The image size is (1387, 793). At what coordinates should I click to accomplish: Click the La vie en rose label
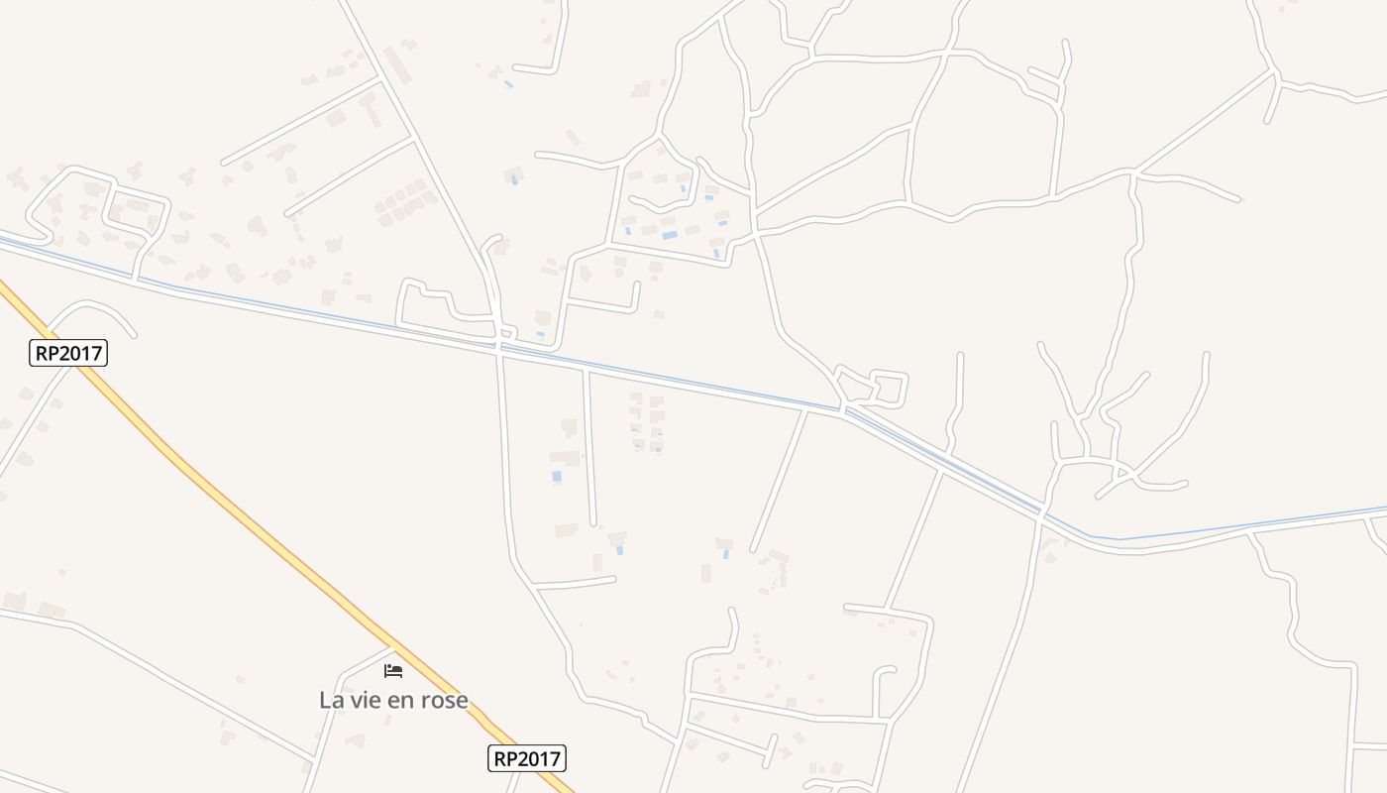click(x=393, y=700)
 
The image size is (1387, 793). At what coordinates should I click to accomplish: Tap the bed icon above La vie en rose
click(x=393, y=671)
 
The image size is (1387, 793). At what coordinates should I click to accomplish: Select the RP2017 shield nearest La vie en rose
click(x=527, y=759)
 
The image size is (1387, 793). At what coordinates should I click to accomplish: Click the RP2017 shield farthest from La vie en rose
click(x=68, y=353)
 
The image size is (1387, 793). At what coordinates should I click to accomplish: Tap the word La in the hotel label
click(x=330, y=700)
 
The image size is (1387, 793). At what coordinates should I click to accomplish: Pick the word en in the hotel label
click(x=400, y=700)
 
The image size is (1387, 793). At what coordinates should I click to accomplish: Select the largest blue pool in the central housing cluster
click(x=671, y=236)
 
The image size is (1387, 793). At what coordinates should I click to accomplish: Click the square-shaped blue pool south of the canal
click(x=557, y=477)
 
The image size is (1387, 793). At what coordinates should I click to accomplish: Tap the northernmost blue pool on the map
click(x=508, y=84)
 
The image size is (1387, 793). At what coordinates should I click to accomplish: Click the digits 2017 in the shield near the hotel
click(x=539, y=759)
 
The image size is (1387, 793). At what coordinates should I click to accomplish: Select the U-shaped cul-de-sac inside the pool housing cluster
click(x=662, y=203)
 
